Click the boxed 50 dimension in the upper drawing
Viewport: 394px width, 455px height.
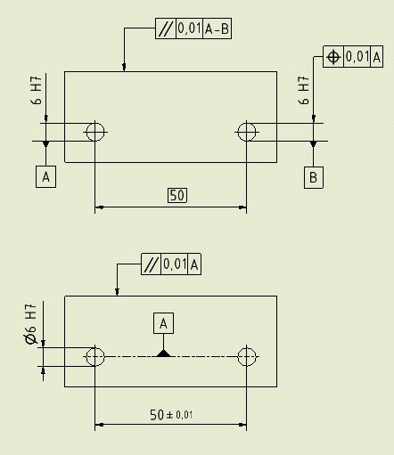pyautogui.click(x=177, y=195)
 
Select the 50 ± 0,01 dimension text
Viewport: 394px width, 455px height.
pyautogui.click(x=171, y=414)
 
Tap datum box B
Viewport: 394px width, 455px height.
pyautogui.click(x=314, y=177)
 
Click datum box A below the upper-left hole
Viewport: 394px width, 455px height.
pyautogui.click(x=45, y=177)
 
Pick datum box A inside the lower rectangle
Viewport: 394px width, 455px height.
pyautogui.click(x=163, y=323)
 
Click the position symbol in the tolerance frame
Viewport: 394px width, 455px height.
pyautogui.click(x=333, y=56)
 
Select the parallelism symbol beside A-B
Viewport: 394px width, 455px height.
pyautogui.click(x=166, y=28)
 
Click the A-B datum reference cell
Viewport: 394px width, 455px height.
pyautogui.click(x=217, y=28)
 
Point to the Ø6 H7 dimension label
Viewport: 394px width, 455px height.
pyautogui.click(x=31, y=324)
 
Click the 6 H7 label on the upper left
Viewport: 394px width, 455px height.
pyautogui.click(x=36, y=91)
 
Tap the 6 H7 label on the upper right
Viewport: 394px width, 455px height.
pyautogui.click(x=303, y=91)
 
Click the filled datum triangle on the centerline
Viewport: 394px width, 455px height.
pyautogui.click(x=163, y=353)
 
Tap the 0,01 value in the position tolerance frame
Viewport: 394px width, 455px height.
pyautogui.click(x=357, y=56)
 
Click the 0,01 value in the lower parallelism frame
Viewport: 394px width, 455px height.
pyautogui.click(x=175, y=264)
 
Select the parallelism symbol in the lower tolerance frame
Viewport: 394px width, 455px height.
pyautogui.click(x=151, y=264)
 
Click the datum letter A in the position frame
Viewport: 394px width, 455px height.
pyautogui.click(x=376, y=57)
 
